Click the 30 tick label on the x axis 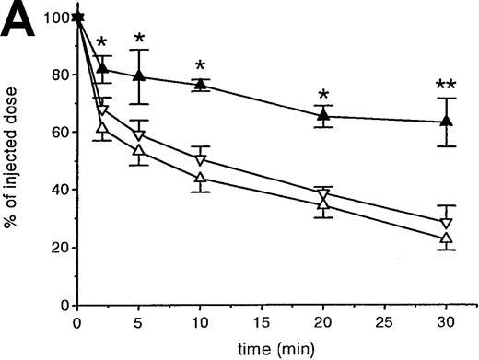pos(446,324)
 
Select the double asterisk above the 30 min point pos(446,87)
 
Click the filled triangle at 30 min pos(446,121)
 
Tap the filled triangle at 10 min pos(200,85)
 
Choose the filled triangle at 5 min pos(139,75)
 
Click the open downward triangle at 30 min pos(446,223)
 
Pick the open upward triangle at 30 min pos(446,238)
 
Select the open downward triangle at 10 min pos(200,160)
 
